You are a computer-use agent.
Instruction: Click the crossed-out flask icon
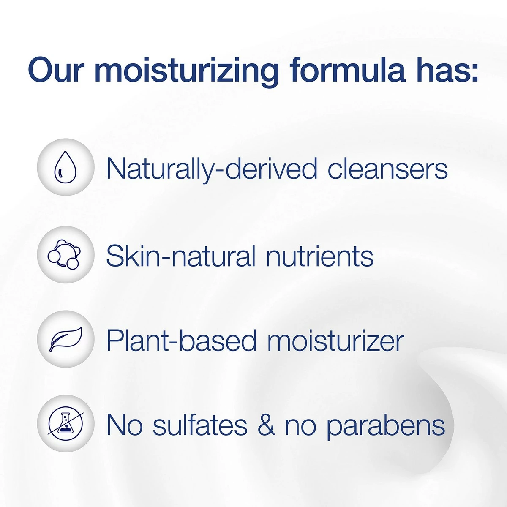click(65, 423)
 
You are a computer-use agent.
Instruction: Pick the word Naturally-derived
click(211, 169)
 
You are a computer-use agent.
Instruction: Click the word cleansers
click(387, 169)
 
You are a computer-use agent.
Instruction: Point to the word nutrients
click(319, 256)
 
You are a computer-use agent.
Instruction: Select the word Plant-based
click(181, 341)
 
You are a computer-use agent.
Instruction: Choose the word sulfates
click(200, 425)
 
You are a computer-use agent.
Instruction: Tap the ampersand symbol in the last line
click(266, 425)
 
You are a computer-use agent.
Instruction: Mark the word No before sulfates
click(124, 425)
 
